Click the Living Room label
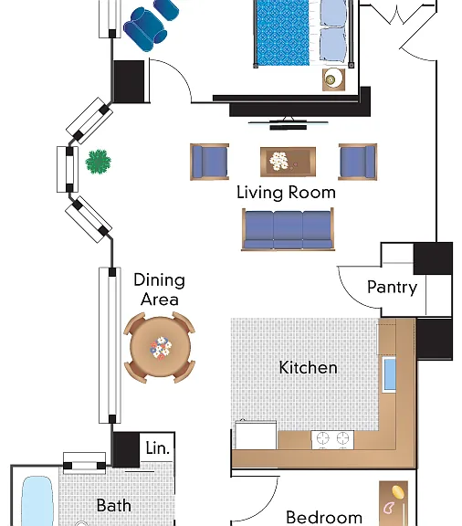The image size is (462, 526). pyautogui.click(x=286, y=193)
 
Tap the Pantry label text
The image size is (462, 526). pyautogui.click(x=392, y=288)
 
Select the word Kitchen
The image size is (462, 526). pyautogui.click(x=308, y=367)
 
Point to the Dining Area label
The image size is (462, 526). pyautogui.click(x=160, y=289)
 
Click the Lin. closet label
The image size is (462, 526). pyautogui.click(x=157, y=448)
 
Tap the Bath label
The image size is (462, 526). pyautogui.click(x=114, y=506)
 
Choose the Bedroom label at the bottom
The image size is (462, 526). pyautogui.click(x=324, y=518)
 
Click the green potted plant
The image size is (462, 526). pyautogui.click(x=98, y=162)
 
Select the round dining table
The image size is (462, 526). pyautogui.click(x=160, y=347)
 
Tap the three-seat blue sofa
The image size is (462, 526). pyautogui.click(x=288, y=229)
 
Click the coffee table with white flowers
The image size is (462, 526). pyautogui.click(x=288, y=162)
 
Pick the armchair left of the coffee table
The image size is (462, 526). pyautogui.click(x=210, y=162)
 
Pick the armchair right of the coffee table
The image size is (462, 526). pyautogui.click(x=358, y=162)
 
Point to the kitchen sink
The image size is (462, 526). pyautogui.click(x=389, y=374)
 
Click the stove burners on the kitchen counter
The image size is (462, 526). pyautogui.click(x=332, y=439)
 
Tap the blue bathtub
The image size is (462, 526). pyautogui.click(x=37, y=500)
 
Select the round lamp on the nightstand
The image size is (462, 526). pyautogui.click(x=331, y=79)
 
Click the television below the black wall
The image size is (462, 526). pyautogui.click(x=289, y=123)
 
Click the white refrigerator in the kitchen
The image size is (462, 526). pyautogui.click(x=256, y=435)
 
